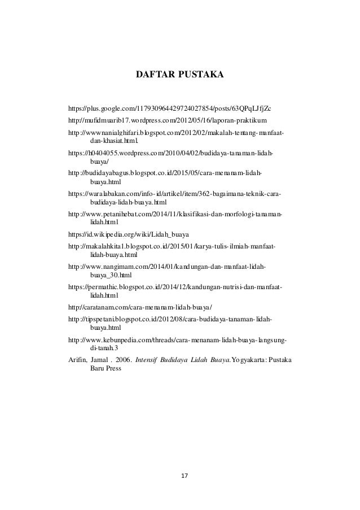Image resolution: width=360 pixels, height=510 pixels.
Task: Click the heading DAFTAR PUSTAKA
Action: [x=180, y=73]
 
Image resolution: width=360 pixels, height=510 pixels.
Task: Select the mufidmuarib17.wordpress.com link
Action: [x=168, y=121]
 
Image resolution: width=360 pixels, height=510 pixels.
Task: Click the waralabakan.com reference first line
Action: [x=175, y=193]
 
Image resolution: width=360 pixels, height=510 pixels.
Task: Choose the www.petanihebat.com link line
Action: [x=175, y=215]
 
